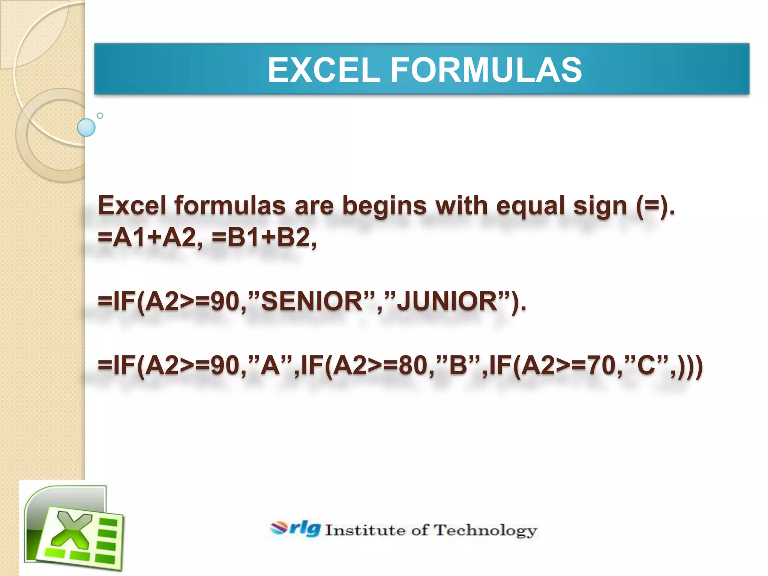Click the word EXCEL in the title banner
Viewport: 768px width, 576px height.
[324, 70]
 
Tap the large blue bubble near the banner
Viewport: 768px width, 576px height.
[86, 127]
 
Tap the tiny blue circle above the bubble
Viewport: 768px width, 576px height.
[100, 115]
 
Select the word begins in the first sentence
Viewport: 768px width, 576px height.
[384, 206]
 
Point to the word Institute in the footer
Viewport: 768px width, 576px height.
[365, 530]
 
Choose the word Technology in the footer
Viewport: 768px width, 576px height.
[485, 530]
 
